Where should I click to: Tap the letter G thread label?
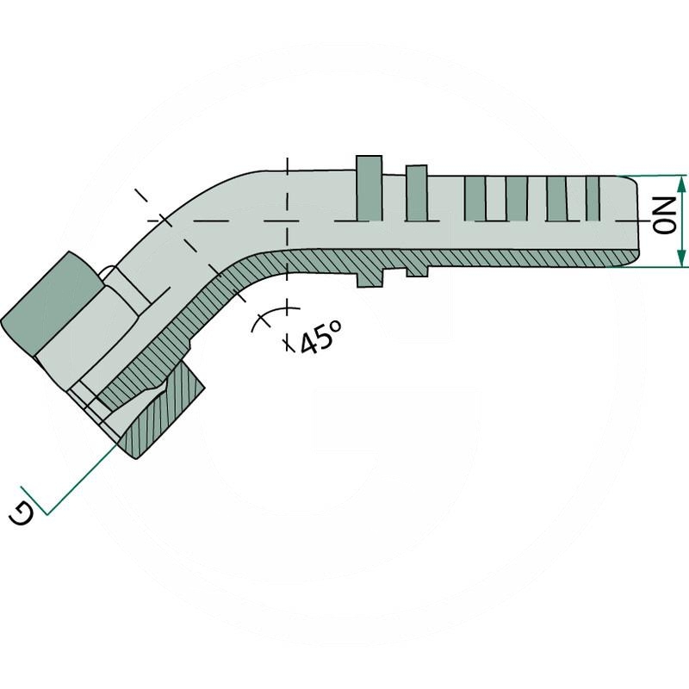point(23,514)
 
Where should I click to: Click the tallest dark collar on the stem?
point(368,189)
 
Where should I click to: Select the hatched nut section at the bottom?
point(164,413)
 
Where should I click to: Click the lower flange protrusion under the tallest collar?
point(368,277)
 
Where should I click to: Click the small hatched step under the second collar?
point(416,270)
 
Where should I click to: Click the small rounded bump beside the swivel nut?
point(108,273)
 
